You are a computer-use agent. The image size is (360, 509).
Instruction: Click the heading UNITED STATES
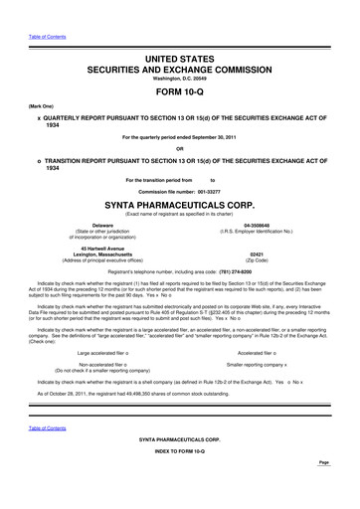(180, 62)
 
